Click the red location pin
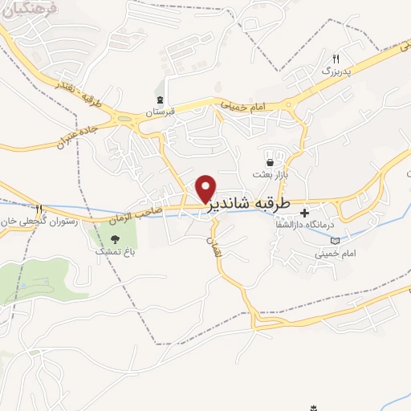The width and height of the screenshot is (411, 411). click(x=205, y=188)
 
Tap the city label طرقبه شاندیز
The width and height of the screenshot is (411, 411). click(x=255, y=205)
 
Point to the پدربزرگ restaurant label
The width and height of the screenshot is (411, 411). click(x=336, y=71)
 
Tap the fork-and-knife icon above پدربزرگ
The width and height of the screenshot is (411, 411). click(x=336, y=59)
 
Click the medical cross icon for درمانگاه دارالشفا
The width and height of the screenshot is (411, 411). click(x=304, y=213)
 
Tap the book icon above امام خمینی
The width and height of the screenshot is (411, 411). click(x=335, y=240)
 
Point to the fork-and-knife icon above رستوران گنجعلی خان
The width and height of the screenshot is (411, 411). click(x=38, y=209)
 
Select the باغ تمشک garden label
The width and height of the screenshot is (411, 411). click(x=113, y=251)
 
